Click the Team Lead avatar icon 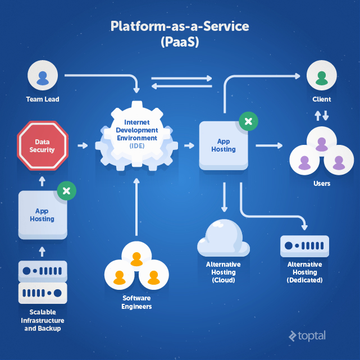point(43,76)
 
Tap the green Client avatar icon point(321,76)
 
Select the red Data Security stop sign point(42,146)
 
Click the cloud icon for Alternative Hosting point(224,239)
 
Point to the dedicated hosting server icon point(304,246)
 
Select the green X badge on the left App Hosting point(66,191)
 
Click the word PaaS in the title point(180,42)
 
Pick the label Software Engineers point(136,302)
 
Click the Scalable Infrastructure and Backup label point(43,320)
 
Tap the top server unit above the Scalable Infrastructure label point(43,271)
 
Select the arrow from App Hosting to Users point(269,146)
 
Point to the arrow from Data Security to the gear point(83,146)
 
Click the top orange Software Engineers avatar point(136,260)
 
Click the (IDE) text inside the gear point(136,145)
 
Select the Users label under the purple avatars point(321,184)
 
